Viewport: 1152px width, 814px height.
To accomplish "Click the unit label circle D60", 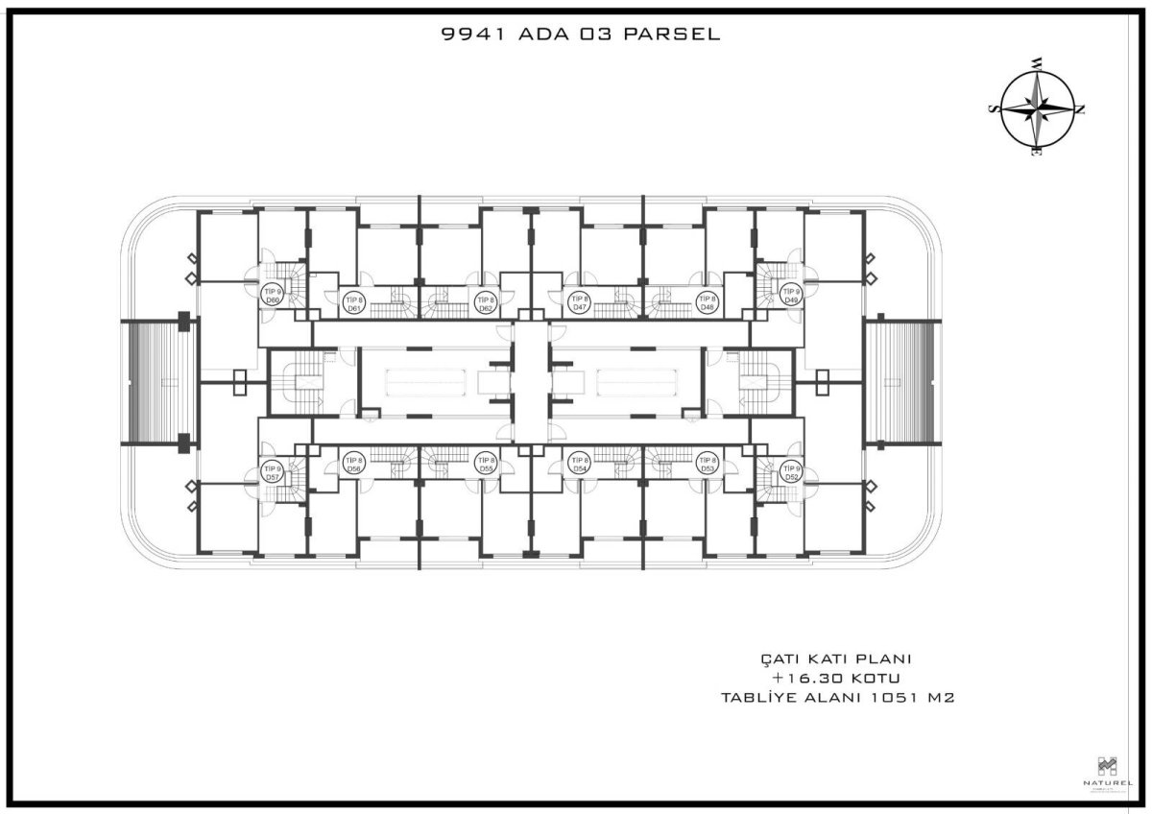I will coord(273,296).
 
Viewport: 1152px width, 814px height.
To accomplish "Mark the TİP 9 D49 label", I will coord(791,296).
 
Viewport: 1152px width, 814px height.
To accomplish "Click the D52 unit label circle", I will coord(791,472).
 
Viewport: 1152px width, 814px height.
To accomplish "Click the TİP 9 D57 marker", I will coord(273,472).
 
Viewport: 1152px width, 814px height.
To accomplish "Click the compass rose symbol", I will coord(1037,108).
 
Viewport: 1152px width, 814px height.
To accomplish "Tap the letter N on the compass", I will coord(1080,109).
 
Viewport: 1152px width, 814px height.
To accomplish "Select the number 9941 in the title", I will coord(468,36).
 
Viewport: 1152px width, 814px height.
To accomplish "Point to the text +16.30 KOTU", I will coord(835,679).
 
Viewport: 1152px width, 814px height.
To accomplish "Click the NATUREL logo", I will coord(1107,773).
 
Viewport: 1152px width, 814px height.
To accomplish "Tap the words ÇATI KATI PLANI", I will coord(835,659).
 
